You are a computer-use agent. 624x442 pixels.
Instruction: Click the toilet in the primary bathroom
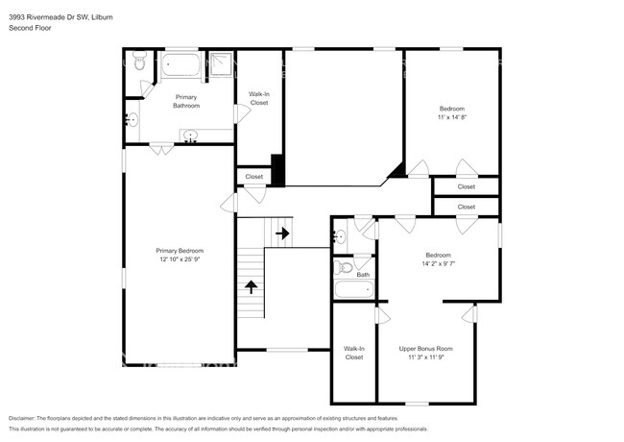click(x=140, y=64)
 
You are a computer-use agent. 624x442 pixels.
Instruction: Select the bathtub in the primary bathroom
click(x=180, y=65)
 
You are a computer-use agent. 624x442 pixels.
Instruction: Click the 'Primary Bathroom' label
click(x=185, y=102)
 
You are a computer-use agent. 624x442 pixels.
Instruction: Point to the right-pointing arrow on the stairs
click(x=282, y=233)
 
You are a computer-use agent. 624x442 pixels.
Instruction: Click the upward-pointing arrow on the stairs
click(x=252, y=285)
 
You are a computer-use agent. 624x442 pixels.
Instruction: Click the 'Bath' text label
click(x=363, y=275)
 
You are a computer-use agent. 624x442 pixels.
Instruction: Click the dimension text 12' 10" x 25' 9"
click(x=180, y=259)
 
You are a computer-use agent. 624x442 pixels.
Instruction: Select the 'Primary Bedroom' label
click(x=180, y=251)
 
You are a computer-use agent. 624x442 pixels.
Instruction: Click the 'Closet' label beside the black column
click(x=254, y=177)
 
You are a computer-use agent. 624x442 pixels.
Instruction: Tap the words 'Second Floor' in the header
click(x=31, y=28)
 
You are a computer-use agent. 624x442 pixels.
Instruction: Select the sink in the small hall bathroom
click(x=340, y=236)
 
